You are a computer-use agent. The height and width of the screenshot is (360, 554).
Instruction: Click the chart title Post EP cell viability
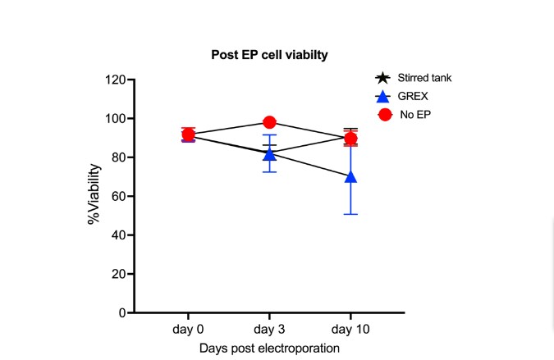(268, 55)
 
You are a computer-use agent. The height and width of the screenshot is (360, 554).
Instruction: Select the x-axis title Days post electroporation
(268, 348)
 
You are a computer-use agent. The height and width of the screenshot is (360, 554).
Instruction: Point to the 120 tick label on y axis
(114, 80)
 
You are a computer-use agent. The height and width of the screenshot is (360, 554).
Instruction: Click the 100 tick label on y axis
(114, 119)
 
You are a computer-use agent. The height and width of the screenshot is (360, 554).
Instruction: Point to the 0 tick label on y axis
(121, 313)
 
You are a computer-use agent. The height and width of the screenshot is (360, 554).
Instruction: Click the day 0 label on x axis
(188, 328)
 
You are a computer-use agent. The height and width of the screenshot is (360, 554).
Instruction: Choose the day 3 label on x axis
(269, 328)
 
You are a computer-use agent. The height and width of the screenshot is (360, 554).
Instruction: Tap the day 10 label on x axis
(350, 328)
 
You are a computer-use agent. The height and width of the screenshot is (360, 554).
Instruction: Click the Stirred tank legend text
(424, 79)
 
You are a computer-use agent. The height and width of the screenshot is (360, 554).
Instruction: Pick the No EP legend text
(415, 115)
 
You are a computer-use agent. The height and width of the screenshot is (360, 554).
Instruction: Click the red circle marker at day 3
(269, 122)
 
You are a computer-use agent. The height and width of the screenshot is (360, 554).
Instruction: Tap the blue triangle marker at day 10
(351, 176)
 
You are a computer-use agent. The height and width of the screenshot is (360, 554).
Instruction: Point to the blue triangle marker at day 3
(269, 154)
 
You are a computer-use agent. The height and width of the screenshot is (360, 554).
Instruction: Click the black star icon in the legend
(382, 79)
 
